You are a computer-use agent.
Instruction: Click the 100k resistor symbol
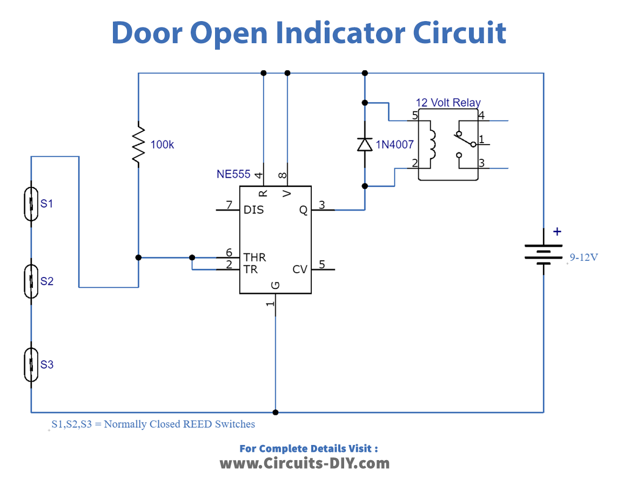pos(139,145)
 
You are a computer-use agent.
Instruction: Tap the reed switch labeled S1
pos(31,204)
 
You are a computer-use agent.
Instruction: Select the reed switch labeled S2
pos(31,281)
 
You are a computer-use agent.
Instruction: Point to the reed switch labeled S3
pos(31,364)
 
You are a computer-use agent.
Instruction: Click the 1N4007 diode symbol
pos(365,144)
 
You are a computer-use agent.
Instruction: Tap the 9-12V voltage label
pos(583,258)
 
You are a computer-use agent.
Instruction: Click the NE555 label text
pos(233,174)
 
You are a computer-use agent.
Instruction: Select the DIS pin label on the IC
pos(253,210)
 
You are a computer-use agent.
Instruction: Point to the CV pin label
pos(300,269)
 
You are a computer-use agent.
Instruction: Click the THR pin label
pos(254,257)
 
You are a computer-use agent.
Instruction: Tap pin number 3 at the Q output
pos(321,204)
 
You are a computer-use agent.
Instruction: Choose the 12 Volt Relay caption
pos(448,103)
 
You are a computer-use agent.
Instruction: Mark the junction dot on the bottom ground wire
pos(276,412)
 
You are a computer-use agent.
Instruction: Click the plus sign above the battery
pos(557,232)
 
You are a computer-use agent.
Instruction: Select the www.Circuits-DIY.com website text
pos(304,463)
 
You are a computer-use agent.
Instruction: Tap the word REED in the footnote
pos(198,424)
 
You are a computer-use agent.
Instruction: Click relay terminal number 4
pos(481,114)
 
